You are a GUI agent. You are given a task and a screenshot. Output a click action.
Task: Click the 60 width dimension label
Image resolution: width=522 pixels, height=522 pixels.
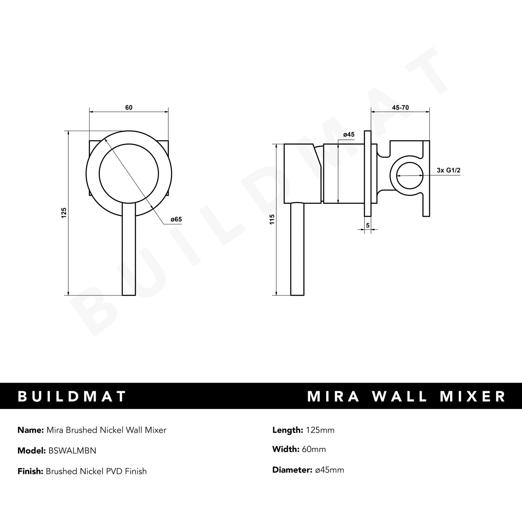coord(129,108)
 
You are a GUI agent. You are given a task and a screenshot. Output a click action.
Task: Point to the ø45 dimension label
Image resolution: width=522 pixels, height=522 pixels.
coord(349,135)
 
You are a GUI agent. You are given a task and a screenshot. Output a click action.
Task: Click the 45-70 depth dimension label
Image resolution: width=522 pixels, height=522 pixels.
coord(400,108)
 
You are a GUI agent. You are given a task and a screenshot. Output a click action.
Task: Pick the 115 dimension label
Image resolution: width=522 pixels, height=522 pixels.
coord(272,219)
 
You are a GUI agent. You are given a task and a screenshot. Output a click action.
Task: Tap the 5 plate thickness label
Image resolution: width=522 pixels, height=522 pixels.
coord(368,225)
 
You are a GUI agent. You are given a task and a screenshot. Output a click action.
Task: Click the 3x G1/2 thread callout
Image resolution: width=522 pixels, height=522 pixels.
coord(448,171)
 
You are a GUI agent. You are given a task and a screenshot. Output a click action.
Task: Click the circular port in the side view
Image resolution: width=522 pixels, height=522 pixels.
coord(410,176)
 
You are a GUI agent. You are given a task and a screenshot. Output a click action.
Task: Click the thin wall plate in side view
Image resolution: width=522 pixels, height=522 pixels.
coord(368,173)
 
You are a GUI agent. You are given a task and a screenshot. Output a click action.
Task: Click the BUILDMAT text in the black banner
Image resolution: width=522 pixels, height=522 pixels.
coord(72,396)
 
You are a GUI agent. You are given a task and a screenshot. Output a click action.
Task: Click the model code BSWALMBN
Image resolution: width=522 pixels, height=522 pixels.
coord(71,451)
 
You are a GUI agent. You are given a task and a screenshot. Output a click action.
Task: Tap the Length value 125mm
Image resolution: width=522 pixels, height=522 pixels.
coord(320,430)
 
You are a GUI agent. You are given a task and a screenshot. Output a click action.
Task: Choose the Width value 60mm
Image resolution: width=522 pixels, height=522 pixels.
coord(314,449)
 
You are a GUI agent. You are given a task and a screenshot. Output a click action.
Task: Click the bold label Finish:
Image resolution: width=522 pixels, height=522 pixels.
coord(30,471)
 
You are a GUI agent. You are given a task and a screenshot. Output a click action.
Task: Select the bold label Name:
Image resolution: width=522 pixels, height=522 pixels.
coord(30,430)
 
